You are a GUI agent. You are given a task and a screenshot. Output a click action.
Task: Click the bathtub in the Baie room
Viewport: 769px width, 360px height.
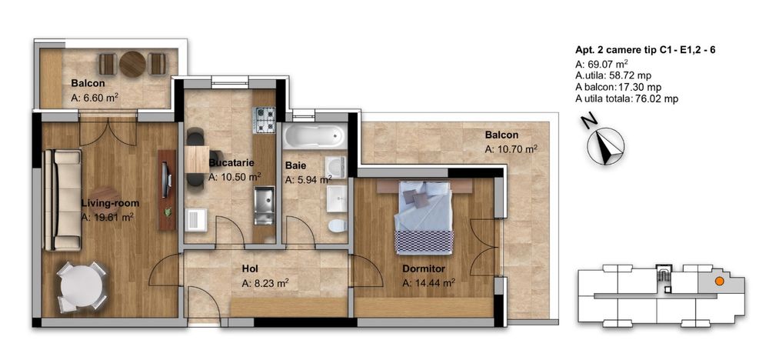tap(315, 135)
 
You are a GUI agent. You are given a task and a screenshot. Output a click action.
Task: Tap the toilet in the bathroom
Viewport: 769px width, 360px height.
tap(338, 226)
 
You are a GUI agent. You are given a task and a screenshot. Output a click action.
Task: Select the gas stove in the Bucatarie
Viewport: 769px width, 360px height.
tap(264, 120)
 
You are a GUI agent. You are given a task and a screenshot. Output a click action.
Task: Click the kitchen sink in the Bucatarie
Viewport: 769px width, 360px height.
tap(264, 205)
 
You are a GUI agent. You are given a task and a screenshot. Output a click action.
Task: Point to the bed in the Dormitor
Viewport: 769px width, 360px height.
tap(424, 216)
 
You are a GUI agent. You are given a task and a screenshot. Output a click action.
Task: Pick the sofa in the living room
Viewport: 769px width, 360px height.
tap(62, 200)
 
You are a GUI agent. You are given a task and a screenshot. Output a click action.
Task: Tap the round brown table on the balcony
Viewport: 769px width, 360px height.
tap(132, 65)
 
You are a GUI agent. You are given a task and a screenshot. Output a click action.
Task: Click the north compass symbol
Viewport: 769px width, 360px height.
tap(605, 145)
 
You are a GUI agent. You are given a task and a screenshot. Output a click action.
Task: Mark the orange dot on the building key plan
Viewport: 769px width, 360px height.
tap(718, 282)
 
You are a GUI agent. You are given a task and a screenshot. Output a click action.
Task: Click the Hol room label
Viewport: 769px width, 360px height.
tap(250, 268)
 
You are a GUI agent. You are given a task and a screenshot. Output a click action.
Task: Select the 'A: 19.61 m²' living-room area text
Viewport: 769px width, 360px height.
tap(108, 218)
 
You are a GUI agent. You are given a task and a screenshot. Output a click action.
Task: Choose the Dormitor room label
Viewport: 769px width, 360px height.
tap(424, 268)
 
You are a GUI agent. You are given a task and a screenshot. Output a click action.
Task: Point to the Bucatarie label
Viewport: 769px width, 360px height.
tap(231, 162)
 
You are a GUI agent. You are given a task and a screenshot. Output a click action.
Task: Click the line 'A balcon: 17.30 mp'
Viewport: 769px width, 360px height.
tap(618, 87)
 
